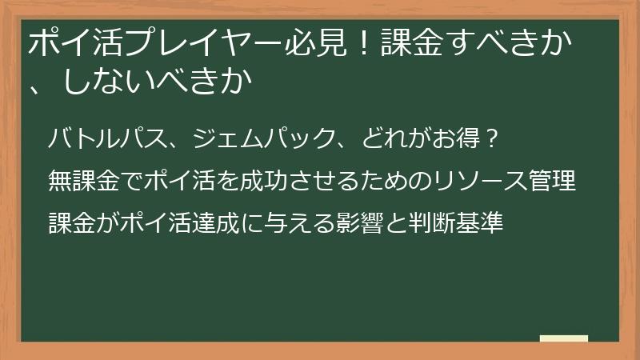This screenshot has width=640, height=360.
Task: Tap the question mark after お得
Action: click(x=494, y=140)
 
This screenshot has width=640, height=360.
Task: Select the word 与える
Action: click(x=321, y=222)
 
